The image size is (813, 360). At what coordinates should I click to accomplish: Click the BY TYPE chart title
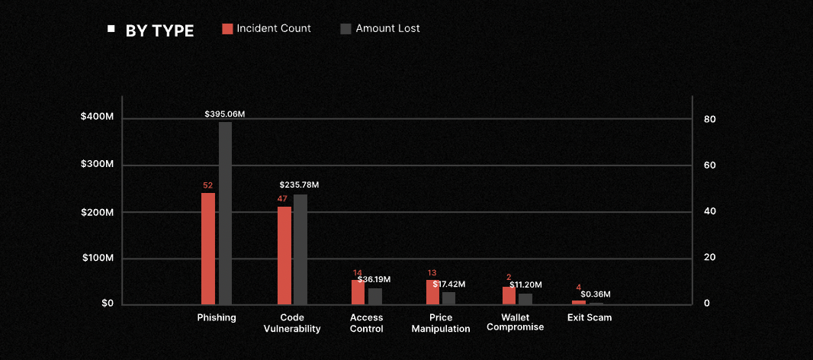pos(159,31)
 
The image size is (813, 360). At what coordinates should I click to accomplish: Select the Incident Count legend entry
pos(266,28)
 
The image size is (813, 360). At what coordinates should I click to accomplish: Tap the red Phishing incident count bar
pos(208,248)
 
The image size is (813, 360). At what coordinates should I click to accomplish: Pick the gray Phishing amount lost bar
pos(225,213)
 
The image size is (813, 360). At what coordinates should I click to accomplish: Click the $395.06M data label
pos(225,114)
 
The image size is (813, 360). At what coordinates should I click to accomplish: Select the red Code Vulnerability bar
pos(284,255)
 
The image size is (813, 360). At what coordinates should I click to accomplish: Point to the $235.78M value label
pos(299,185)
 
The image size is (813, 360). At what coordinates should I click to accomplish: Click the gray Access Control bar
pos(375,296)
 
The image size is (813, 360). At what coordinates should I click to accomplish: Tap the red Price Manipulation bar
pos(432,292)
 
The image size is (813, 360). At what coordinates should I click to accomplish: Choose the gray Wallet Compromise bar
pos(525,298)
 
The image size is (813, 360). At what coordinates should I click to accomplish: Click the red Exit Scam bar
pos(579,302)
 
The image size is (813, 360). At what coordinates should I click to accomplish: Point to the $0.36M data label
pos(596,294)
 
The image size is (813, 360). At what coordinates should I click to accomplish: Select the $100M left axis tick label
pos(97,258)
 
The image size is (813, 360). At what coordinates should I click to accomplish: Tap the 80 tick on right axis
pos(709,119)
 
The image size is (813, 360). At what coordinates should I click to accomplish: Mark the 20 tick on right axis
pos(709,258)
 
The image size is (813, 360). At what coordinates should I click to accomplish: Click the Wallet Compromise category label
pos(515,322)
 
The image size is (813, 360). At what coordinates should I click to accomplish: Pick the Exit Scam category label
pos(590,317)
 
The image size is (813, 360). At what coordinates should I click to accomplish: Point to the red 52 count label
pos(207,185)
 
